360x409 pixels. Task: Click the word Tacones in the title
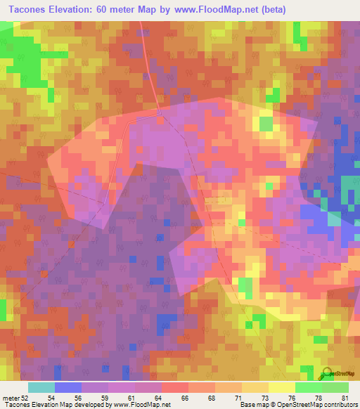[31, 9]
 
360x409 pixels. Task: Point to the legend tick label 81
[345, 398]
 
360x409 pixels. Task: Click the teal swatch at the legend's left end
[41, 387]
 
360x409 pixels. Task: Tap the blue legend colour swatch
[68, 387]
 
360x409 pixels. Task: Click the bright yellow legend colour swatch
[281, 387]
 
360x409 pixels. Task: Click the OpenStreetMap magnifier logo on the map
[326, 375]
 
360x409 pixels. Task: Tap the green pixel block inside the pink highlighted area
[266, 124]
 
